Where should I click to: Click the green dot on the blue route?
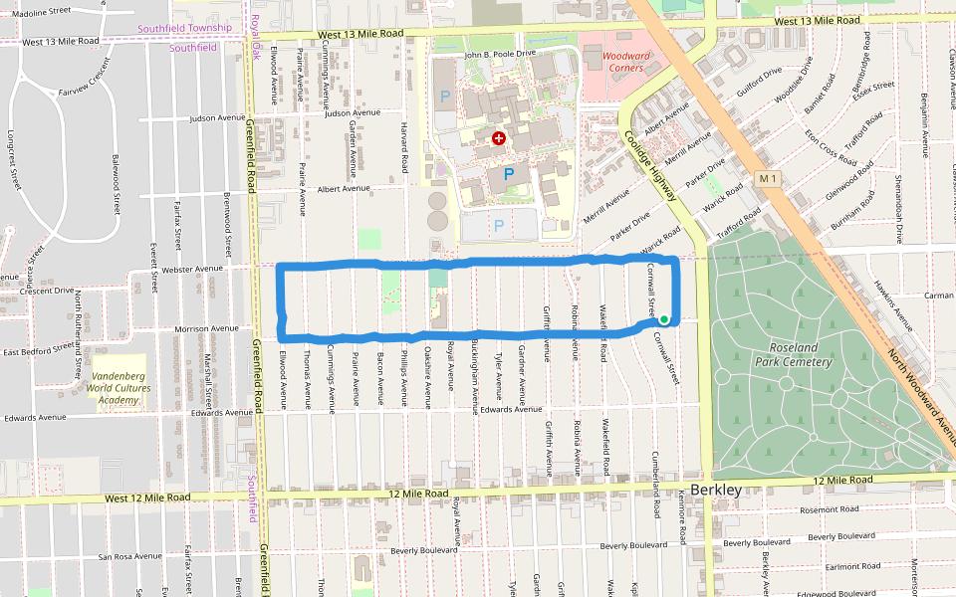664,319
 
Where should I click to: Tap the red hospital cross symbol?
499,138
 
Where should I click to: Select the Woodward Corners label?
628,62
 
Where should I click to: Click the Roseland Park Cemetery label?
801,354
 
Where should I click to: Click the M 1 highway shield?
766,178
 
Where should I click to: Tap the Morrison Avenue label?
206,328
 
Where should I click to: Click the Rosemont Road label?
829,509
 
